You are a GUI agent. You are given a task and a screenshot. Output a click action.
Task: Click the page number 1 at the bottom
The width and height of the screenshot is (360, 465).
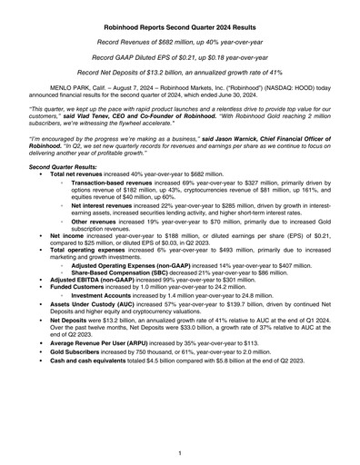pyautogui.click(x=180, y=452)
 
